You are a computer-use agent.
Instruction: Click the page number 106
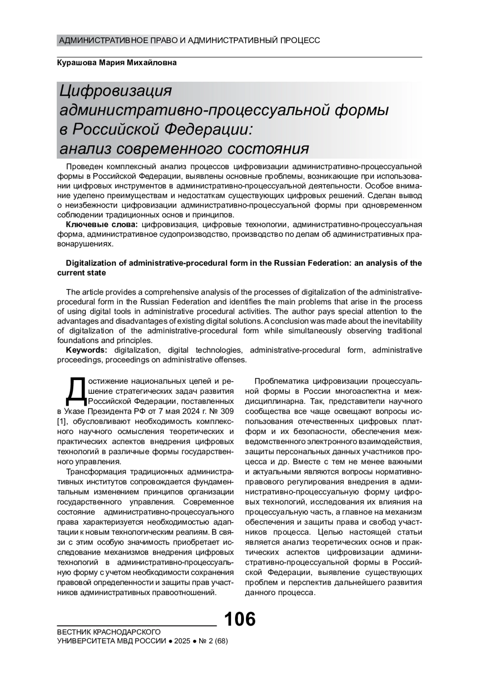pyautogui.click(x=239, y=619)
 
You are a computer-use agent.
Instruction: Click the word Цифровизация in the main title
pyautogui.click(x=115, y=91)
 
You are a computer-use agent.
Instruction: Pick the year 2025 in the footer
pyautogui.click(x=182, y=641)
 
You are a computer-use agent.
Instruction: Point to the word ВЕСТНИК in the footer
pyautogui.click(x=74, y=632)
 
